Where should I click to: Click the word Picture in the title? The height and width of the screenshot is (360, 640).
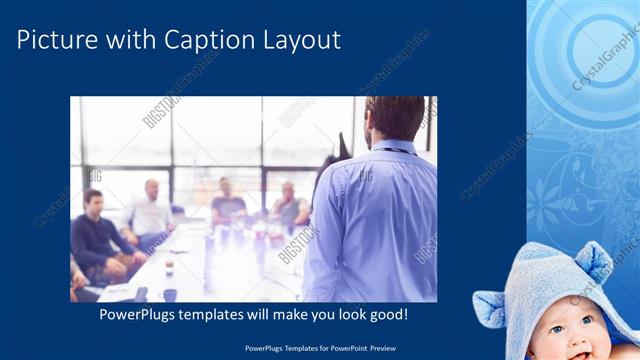[56, 40]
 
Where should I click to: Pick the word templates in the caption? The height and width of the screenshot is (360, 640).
[220, 315]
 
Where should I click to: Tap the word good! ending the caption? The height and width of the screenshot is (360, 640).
[387, 315]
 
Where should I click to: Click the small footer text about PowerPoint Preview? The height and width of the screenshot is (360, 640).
[319, 349]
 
